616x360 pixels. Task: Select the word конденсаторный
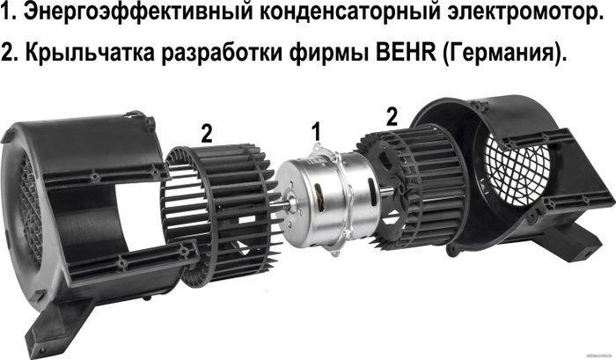click(x=349, y=11)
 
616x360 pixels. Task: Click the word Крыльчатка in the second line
click(x=90, y=52)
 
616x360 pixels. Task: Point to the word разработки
click(x=222, y=52)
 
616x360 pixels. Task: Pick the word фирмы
click(x=328, y=52)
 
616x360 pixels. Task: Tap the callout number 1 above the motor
click(x=316, y=131)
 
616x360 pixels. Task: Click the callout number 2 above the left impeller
click(x=207, y=134)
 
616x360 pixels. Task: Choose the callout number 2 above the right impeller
click(x=392, y=117)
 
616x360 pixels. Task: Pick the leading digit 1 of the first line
click(x=5, y=11)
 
